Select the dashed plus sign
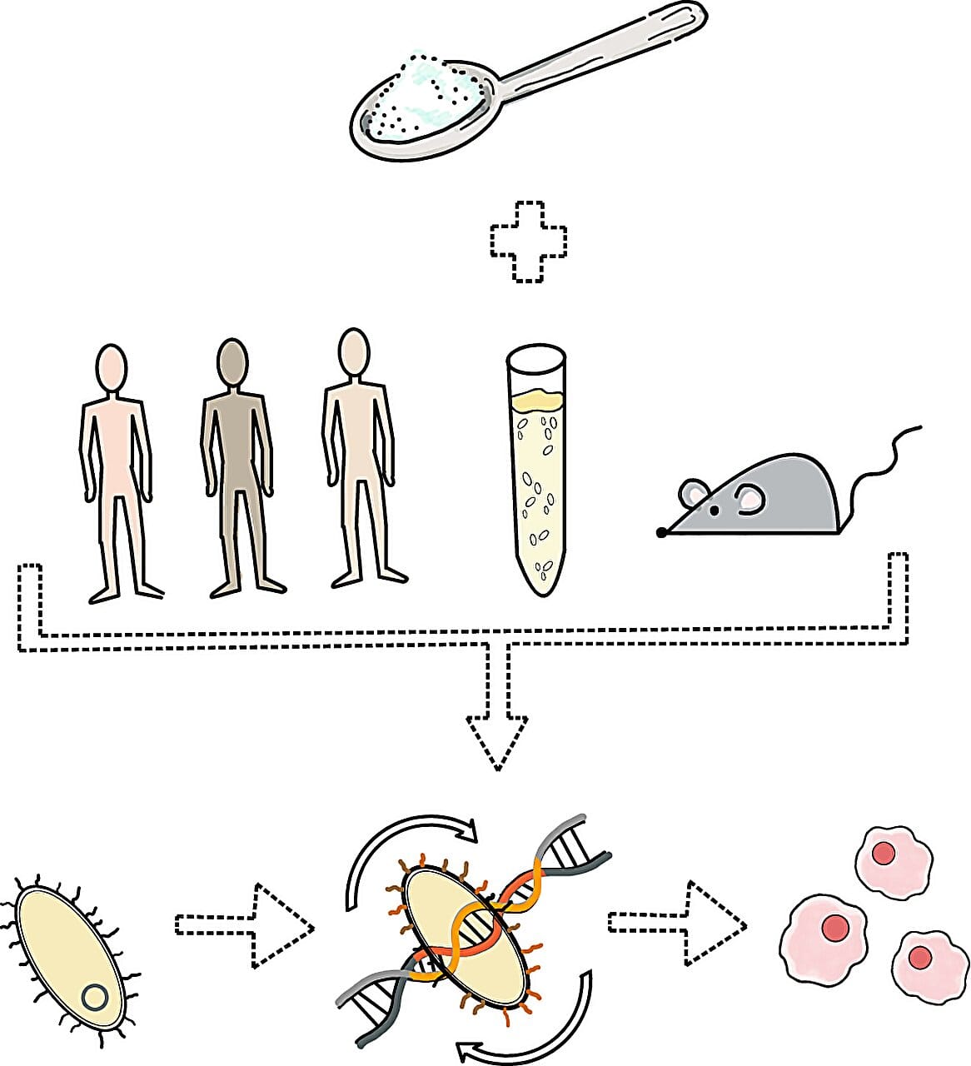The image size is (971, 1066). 529,242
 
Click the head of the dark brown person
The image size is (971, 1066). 232,363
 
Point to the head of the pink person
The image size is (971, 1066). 111,367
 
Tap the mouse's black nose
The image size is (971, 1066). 661,532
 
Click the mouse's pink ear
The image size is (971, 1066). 750,499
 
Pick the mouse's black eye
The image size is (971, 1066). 714,509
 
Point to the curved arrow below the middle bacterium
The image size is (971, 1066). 533,1029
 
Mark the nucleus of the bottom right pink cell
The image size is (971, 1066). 920,958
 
